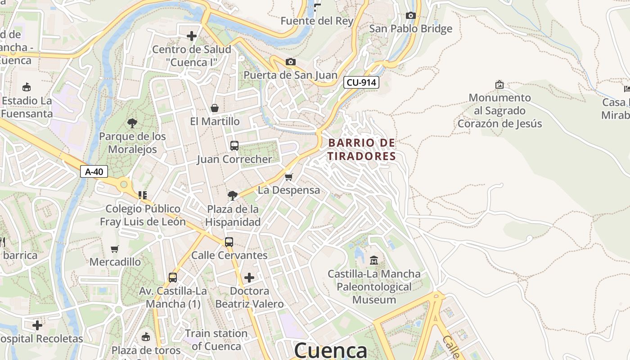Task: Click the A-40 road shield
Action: click(94, 171)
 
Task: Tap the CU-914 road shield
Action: click(361, 82)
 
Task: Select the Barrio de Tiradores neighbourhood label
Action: click(362, 149)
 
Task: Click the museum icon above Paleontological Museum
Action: click(373, 260)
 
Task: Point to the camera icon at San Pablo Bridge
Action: click(410, 16)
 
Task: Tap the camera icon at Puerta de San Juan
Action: click(291, 62)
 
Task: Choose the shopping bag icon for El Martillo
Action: click(215, 108)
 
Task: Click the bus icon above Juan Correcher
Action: click(234, 146)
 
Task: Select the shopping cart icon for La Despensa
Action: click(288, 177)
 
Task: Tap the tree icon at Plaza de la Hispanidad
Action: click(233, 195)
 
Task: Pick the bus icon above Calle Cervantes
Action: click(229, 242)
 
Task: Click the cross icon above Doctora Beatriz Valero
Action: click(249, 277)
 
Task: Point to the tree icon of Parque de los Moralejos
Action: click(132, 123)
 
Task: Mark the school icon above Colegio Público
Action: click(143, 195)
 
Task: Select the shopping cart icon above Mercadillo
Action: click(115, 249)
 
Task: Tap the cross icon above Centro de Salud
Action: click(192, 36)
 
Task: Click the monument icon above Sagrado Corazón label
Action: click(499, 85)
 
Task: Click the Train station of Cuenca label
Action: click(216, 340)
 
